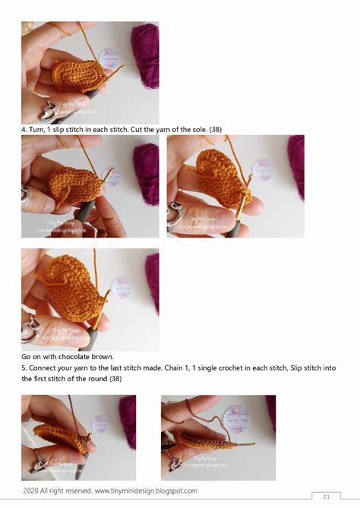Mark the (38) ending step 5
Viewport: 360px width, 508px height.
point(115,379)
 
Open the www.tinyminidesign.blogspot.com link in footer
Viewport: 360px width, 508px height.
point(146,491)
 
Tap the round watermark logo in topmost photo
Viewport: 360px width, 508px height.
point(110,58)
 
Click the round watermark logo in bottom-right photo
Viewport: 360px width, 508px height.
point(235,417)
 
